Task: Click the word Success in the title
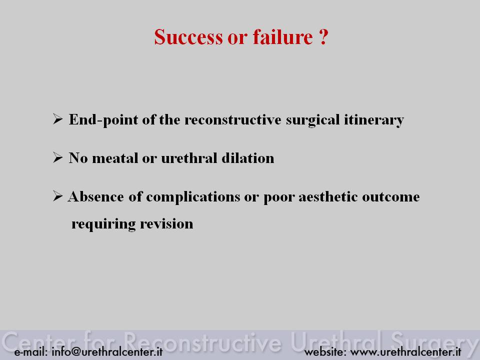point(188,37)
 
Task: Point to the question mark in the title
point(323,37)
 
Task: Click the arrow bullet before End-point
point(57,119)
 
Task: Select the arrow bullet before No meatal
point(57,157)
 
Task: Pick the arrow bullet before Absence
point(57,196)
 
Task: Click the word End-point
point(103,119)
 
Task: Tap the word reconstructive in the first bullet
point(232,119)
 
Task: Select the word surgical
point(312,120)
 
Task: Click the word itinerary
point(374,120)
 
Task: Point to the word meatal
point(115,158)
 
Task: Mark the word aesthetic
point(328,196)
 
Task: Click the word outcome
point(391,197)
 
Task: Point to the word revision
point(166,223)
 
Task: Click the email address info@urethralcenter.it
point(107,351)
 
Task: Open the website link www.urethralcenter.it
point(405,351)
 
